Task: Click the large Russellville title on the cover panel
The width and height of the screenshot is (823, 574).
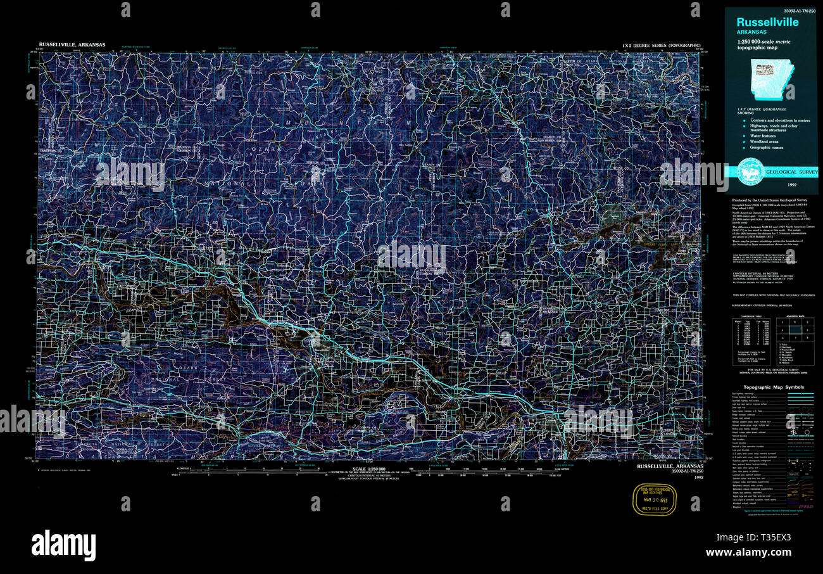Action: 767,22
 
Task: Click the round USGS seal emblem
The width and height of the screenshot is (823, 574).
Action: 751,172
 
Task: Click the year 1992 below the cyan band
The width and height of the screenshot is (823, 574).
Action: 792,185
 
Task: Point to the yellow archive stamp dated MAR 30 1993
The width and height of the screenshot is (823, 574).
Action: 655,499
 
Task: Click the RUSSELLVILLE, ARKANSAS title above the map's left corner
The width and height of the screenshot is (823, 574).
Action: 72,45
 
